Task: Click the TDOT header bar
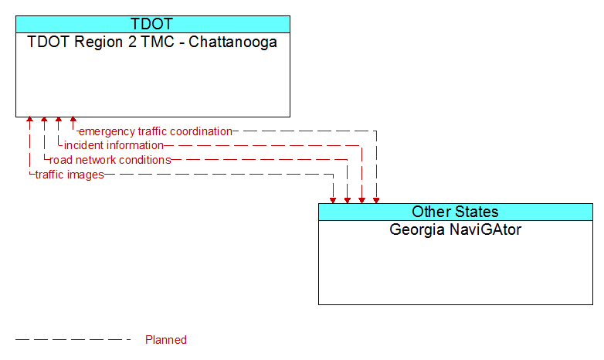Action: click(x=153, y=24)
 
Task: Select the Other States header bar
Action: click(x=456, y=212)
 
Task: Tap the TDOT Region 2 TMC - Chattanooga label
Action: click(x=152, y=42)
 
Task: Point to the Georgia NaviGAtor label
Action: click(x=455, y=229)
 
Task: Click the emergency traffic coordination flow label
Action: click(x=155, y=131)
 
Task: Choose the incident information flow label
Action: click(x=114, y=146)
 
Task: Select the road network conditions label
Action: click(x=110, y=160)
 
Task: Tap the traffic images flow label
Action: click(x=70, y=175)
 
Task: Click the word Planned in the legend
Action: click(x=166, y=340)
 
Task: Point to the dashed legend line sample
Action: click(x=73, y=340)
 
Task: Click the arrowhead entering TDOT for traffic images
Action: click(x=29, y=120)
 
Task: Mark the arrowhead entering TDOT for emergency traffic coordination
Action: click(x=73, y=120)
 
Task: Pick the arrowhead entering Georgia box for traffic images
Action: click(x=333, y=200)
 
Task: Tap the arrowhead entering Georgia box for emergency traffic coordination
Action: click(x=376, y=200)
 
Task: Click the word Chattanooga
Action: click(x=232, y=42)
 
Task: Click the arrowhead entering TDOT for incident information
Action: click(x=59, y=120)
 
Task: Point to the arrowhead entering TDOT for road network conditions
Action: click(x=44, y=120)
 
